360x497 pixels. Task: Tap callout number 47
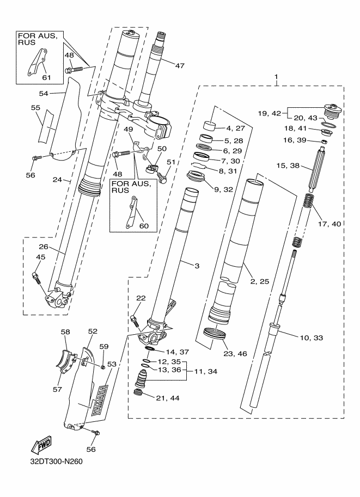point(180,65)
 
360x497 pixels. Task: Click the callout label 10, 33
point(310,338)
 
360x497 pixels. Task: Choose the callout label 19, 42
point(270,114)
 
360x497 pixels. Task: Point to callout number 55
point(35,108)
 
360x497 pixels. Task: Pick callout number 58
point(66,332)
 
